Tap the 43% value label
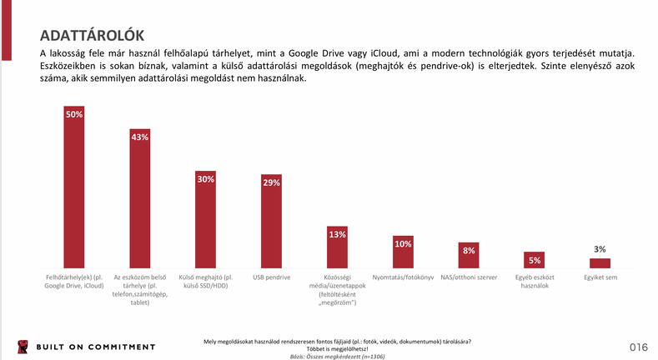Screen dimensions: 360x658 click(139, 137)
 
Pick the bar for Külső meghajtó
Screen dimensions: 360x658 click(205, 221)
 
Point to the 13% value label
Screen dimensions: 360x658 click(337, 235)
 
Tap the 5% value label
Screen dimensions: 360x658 click(535, 261)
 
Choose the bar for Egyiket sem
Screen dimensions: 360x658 click(600, 262)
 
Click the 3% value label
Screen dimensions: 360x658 click(600, 249)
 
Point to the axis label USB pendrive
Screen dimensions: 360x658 click(271, 277)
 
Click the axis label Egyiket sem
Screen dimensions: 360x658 click(600, 277)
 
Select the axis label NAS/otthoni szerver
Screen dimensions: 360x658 click(469, 277)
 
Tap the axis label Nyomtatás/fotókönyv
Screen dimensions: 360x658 click(403, 277)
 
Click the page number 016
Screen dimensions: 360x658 click(639, 347)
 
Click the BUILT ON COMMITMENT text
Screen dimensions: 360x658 click(94, 347)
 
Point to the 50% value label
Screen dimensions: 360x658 click(74, 114)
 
